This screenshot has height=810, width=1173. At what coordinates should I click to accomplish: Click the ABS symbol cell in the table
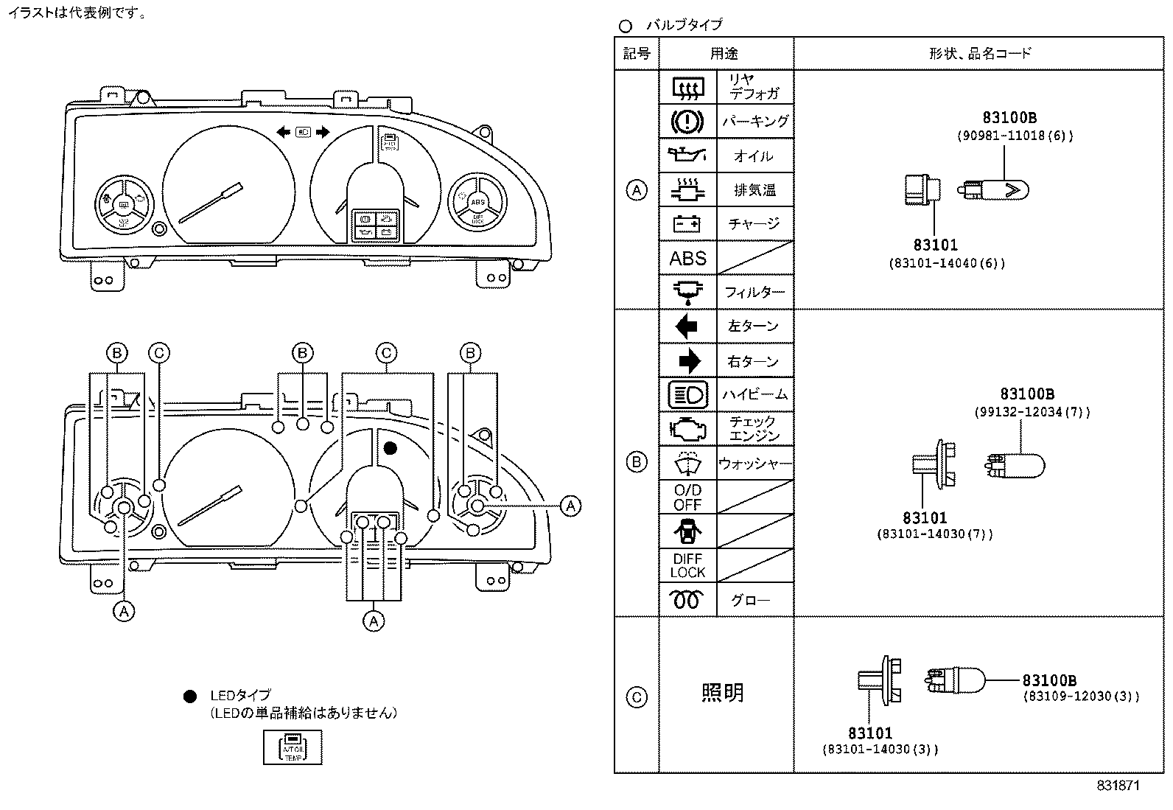(687, 259)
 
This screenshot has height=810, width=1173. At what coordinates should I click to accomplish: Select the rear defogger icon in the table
(687, 88)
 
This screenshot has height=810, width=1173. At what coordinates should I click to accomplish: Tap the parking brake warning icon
(687, 121)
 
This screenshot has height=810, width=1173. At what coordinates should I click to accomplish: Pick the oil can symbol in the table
(687, 156)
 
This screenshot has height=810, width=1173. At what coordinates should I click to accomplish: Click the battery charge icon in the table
(687, 223)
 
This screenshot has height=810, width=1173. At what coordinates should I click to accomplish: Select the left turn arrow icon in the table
(687, 326)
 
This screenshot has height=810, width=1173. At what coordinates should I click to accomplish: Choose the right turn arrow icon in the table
(687, 360)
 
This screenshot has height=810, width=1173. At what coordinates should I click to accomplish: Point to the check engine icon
(687, 428)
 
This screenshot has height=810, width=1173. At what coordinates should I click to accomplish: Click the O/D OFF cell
(687, 497)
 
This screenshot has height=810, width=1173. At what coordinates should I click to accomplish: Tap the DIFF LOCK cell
(687, 565)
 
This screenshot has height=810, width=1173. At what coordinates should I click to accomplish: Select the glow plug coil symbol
(687, 600)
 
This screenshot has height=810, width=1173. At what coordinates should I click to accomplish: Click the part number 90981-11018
(1015, 136)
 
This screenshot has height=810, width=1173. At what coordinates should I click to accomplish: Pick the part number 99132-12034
(1032, 412)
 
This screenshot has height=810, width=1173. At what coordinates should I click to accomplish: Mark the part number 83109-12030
(1080, 696)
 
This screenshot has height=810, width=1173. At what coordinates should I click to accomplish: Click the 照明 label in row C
(722, 692)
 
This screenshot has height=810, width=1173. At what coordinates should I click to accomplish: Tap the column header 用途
(724, 53)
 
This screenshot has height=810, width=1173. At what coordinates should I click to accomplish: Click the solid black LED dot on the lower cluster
(391, 447)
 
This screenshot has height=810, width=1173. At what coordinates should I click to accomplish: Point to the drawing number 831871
(1118, 786)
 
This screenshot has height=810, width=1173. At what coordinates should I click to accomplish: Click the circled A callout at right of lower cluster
(570, 506)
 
